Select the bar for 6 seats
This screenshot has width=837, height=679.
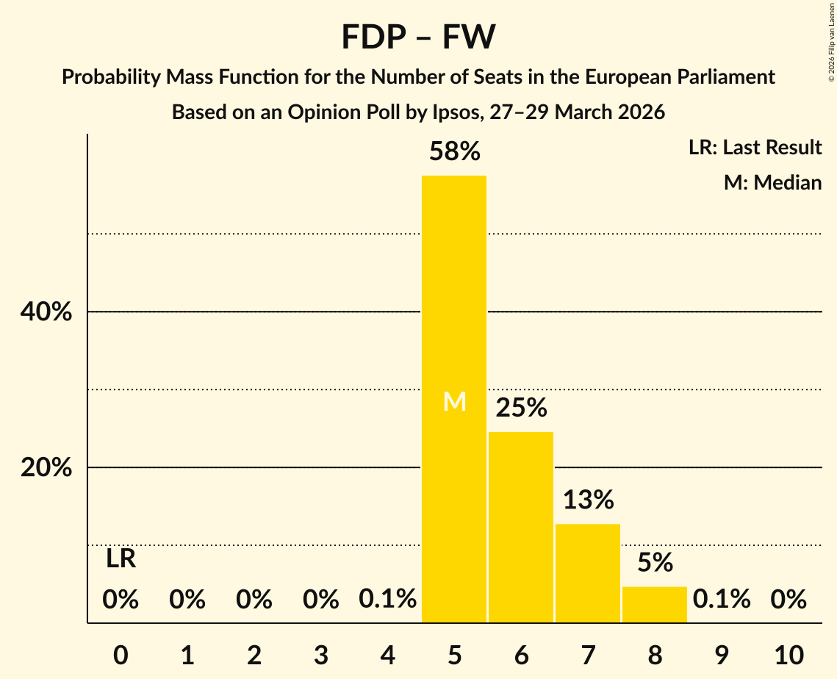click(521, 527)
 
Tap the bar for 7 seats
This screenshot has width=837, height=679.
click(588, 573)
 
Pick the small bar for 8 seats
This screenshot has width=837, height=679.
click(655, 604)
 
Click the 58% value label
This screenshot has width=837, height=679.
click(455, 152)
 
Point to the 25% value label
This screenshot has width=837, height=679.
click(521, 408)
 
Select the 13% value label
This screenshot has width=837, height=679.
click(588, 500)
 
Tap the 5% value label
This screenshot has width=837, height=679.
click(655, 563)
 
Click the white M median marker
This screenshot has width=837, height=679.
click(455, 401)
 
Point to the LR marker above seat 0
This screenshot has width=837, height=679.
click(121, 559)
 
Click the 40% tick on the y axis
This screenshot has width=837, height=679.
click(46, 312)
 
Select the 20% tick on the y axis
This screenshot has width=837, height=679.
click(46, 468)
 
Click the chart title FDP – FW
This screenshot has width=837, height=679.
click(418, 37)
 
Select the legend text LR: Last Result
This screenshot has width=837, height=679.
click(755, 148)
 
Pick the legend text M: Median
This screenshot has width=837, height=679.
click(772, 182)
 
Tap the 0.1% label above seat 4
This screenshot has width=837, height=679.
click(387, 600)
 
